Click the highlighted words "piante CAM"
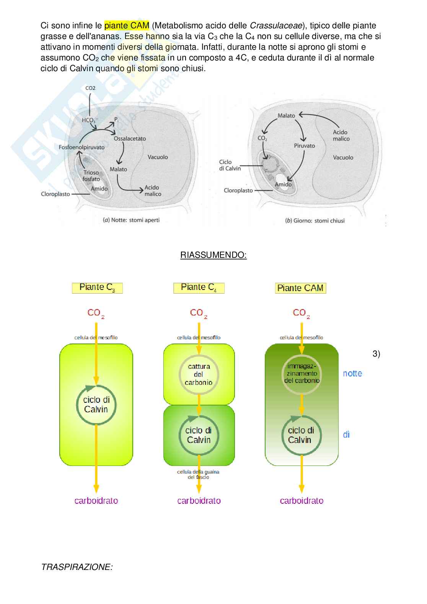126,26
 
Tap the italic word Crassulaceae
276,26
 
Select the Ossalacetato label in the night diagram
130,138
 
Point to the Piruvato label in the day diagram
304,146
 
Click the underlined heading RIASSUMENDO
213,255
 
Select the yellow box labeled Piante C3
97,288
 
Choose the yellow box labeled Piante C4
199,288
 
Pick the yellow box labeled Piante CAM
300,288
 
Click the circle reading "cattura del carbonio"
199,374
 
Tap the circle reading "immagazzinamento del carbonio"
302,374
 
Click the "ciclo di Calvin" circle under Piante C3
96,405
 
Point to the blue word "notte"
352,373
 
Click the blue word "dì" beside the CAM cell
346,435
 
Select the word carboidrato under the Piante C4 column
199,501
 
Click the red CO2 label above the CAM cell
301,313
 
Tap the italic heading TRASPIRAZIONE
77,567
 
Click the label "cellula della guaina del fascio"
198,474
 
